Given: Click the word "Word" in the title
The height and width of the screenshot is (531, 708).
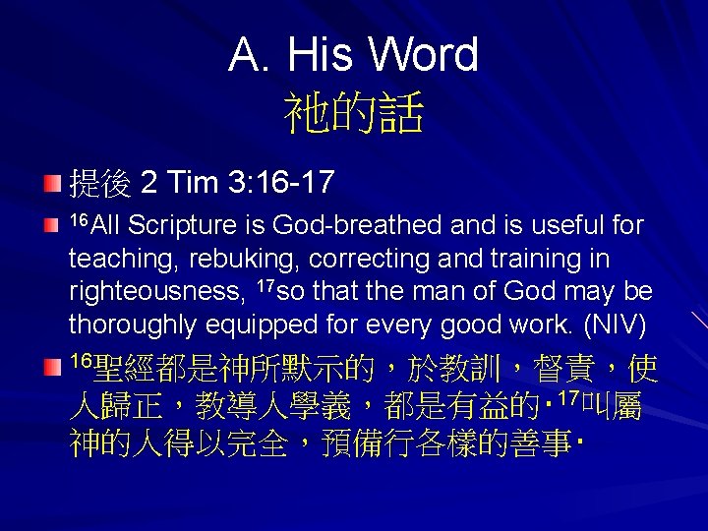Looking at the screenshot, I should pos(424,55).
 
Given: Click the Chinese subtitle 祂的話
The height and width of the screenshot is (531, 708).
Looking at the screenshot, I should pos(353,114).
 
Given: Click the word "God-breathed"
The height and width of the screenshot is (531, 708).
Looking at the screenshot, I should pos(358,226).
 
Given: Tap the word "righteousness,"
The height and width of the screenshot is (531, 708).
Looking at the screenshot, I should pos(154,291).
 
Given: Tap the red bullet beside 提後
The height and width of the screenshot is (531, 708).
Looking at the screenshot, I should pos(51,184).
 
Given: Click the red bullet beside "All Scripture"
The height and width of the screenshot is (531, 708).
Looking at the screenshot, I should pos(51,227).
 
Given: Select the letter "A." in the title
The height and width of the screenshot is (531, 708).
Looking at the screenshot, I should pos(250,55).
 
